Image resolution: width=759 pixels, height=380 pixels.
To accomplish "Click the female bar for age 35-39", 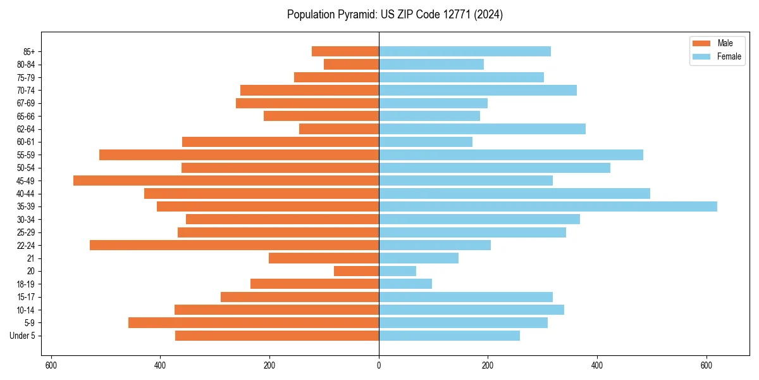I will coord(548,206).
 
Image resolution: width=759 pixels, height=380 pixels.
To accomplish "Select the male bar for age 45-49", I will coord(226,180).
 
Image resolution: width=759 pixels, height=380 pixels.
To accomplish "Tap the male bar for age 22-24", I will coord(234,245).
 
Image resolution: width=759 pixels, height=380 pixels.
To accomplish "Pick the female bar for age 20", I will coord(397,271).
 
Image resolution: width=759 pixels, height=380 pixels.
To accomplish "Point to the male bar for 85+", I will coord(345,51).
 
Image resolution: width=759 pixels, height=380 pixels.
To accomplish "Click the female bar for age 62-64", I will coord(482,129).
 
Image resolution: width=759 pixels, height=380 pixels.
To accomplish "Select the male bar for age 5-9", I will coord(254,323).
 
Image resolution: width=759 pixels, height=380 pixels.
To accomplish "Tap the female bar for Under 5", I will coord(449,336).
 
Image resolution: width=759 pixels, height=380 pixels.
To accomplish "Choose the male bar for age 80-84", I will coord(351,65).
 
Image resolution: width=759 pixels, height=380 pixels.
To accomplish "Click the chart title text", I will coord(395,15).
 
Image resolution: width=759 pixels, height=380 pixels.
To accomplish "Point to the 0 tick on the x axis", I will coord(379,365).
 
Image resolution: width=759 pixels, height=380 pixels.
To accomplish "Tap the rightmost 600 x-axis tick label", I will coord(707,365).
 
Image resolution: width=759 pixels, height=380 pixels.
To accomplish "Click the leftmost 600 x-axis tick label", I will coord(51,365).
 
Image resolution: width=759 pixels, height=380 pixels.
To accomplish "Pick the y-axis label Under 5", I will coord(22,336).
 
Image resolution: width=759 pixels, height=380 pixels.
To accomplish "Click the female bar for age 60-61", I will coord(426,142).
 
